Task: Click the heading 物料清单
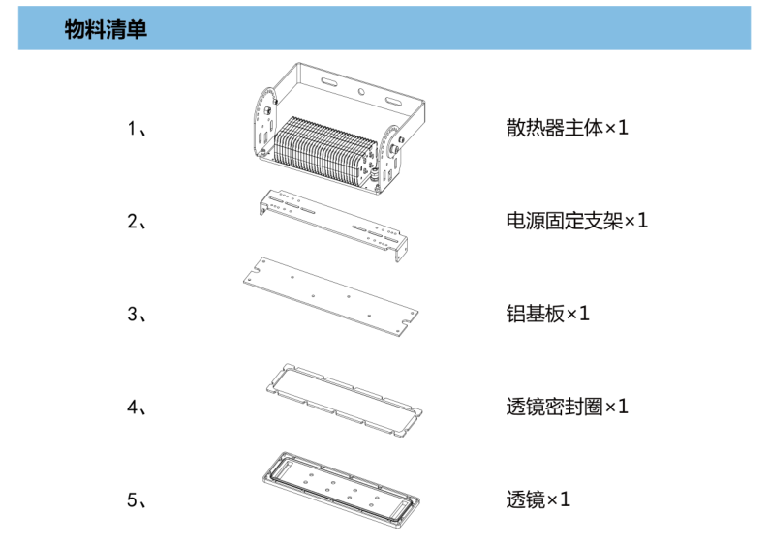[106, 29]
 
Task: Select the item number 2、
[138, 222]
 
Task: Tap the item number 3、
[138, 314]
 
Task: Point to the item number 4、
[138, 407]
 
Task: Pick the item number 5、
[138, 500]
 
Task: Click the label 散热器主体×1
[567, 128]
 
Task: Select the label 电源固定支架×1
[576, 221]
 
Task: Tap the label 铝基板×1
[547, 314]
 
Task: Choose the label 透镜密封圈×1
[567, 407]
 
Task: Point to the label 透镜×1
[538, 500]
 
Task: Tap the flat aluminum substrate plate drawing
[329, 298]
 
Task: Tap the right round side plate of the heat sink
[389, 160]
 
